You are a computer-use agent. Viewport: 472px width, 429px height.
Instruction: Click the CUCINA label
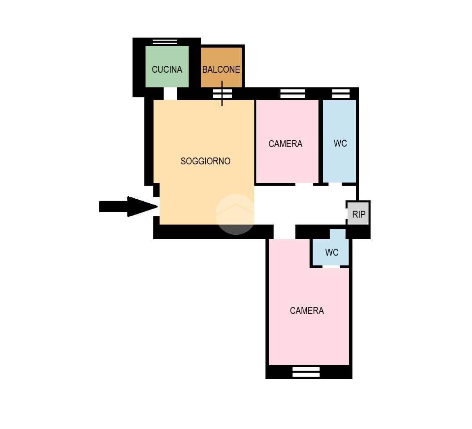167,70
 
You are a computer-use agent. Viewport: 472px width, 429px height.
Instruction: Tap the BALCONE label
221,70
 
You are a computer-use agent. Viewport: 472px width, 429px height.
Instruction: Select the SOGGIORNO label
205,161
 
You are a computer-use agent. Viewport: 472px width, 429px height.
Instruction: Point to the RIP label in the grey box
359,214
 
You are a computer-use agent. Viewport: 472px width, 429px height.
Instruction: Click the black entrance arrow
128,207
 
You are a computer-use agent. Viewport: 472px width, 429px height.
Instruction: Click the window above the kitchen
165,42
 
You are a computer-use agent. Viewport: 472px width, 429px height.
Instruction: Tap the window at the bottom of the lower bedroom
306,372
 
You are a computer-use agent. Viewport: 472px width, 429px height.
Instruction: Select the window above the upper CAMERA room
292,93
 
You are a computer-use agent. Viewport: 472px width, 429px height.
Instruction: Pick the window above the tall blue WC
341,93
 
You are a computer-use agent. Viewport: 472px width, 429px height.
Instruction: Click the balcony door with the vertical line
222,93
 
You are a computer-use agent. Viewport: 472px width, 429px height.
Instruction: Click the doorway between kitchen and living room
170,93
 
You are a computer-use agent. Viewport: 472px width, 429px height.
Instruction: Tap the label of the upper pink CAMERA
285,144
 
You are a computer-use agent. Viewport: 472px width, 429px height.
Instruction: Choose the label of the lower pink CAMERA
307,310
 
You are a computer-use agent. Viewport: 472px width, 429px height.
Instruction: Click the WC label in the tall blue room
340,144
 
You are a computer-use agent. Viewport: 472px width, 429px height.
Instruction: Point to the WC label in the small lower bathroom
332,252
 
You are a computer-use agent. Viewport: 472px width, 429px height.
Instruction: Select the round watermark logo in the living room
235,214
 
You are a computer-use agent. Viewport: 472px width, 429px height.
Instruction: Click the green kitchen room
167,67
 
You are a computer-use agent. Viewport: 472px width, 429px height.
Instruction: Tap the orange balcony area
222,67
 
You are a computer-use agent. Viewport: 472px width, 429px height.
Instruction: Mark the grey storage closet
358,213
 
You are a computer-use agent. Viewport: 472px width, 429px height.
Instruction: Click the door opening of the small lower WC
331,267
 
